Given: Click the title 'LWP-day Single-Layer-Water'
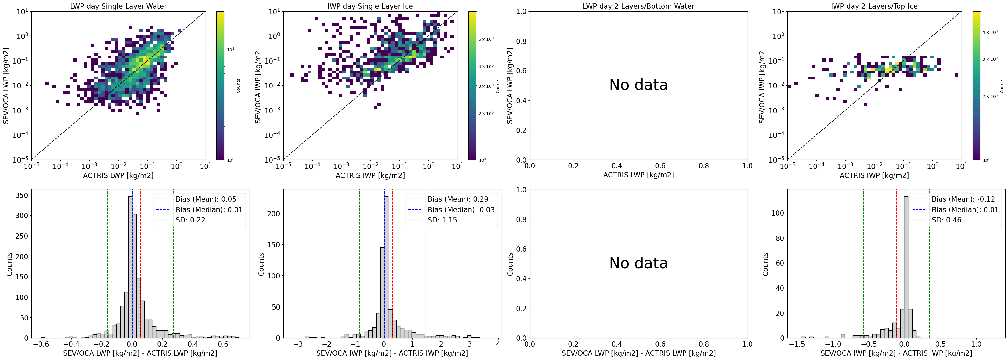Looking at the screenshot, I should pyautogui.click(x=118, y=6).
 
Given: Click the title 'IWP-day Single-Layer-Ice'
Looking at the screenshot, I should pyautogui.click(x=370, y=6).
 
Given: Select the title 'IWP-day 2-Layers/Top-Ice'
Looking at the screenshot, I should pyautogui.click(x=874, y=6).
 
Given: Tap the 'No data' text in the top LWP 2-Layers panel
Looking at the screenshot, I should pyautogui.click(x=638, y=85).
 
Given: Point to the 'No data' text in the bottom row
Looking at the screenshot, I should pyautogui.click(x=638, y=263).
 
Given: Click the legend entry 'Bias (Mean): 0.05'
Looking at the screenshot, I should pyautogui.click(x=206, y=199).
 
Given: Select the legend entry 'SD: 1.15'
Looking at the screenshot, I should pyautogui.click(x=442, y=220).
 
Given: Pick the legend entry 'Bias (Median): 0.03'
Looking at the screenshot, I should pyautogui.click(x=461, y=210).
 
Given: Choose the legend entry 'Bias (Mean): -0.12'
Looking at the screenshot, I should pyautogui.click(x=963, y=199).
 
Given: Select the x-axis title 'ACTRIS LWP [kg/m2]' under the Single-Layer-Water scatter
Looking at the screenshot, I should pyautogui.click(x=118, y=175).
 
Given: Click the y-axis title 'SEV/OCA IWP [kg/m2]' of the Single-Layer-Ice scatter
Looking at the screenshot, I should pyautogui.click(x=258, y=86).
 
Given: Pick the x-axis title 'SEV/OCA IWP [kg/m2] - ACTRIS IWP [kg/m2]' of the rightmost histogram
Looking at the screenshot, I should pyautogui.click(x=896, y=353).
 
